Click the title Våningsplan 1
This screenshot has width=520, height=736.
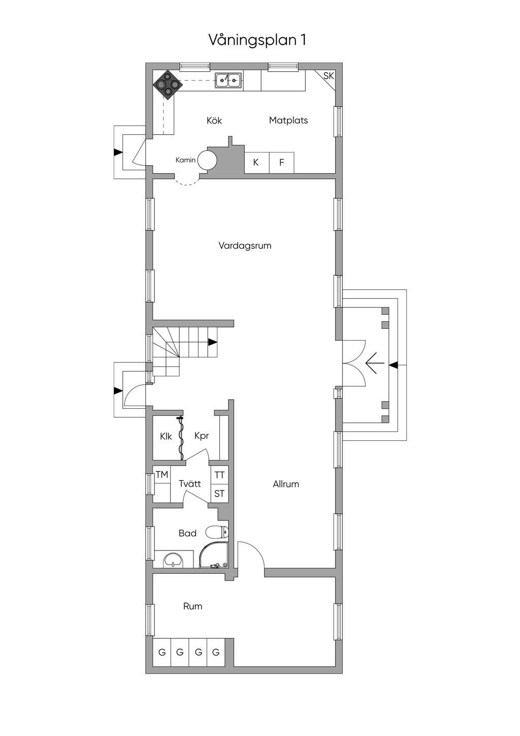click(257, 40)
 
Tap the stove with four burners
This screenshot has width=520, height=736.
click(167, 84)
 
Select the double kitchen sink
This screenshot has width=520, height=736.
click(228, 80)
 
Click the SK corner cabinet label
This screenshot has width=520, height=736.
click(329, 76)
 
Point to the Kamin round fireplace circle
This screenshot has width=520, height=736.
click(207, 160)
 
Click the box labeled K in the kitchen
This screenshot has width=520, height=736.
click(256, 163)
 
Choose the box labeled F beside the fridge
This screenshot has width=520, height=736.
click(281, 163)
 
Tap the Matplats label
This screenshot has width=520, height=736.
click(288, 120)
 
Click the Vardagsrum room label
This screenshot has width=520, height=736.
click(245, 246)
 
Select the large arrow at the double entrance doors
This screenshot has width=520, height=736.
click(374, 364)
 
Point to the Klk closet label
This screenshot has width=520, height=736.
click(166, 436)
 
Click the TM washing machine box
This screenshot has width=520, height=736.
click(162, 475)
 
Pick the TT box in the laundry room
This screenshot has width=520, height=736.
click(219, 475)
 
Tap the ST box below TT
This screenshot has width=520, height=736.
click(219, 494)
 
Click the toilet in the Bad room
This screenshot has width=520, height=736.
click(217, 532)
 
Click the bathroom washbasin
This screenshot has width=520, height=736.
click(174, 560)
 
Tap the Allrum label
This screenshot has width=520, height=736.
click(286, 484)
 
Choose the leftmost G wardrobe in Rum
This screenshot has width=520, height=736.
click(162, 652)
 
